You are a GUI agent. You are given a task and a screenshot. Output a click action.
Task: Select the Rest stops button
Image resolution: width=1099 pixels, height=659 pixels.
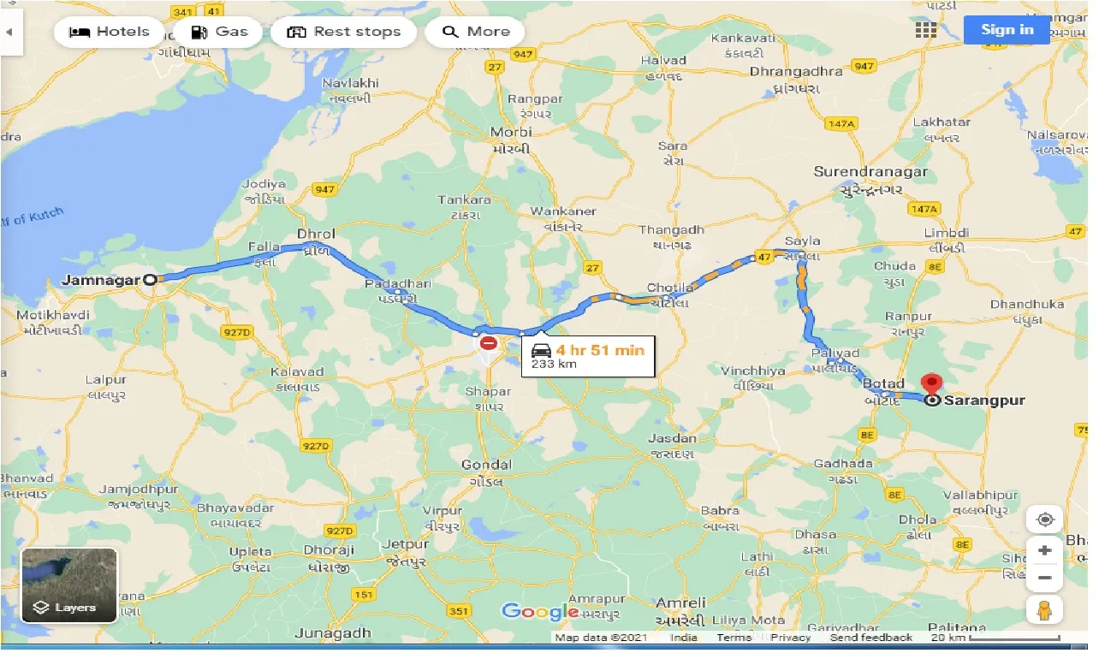(343, 33)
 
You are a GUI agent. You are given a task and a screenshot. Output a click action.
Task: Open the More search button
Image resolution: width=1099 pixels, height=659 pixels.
(475, 33)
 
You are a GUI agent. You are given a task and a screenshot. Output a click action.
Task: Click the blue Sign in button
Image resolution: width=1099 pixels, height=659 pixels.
(1007, 30)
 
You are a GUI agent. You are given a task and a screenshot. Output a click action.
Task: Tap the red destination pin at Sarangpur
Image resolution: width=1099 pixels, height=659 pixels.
(930, 384)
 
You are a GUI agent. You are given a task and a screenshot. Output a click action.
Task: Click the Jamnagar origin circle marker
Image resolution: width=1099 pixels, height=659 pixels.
(151, 279)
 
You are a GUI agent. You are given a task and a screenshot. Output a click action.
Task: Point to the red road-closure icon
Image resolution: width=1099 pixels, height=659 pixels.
(488, 343)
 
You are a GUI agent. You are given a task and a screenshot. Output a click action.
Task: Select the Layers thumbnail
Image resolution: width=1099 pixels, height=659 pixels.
(69, 585)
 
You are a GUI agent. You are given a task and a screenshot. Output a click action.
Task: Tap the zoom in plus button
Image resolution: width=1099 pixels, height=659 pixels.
(1044, 550)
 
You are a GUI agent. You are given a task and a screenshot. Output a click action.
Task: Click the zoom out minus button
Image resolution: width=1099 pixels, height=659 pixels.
(1044, 578)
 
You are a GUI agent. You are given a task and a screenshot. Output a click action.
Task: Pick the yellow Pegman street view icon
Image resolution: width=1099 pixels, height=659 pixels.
(1044, 611)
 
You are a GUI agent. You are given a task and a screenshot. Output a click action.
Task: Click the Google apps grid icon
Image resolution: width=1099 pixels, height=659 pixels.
(925, 30)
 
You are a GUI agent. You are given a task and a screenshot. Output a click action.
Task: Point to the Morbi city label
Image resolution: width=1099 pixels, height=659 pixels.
(510, 132)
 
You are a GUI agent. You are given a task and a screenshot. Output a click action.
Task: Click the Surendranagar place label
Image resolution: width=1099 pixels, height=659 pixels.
(870, 172)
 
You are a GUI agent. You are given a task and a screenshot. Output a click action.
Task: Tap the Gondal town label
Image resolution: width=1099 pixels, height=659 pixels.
(486, 466)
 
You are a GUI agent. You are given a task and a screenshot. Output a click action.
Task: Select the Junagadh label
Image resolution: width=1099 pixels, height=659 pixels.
(332, 633)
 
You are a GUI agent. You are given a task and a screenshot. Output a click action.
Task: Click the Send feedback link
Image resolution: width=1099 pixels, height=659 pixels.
(870, 638)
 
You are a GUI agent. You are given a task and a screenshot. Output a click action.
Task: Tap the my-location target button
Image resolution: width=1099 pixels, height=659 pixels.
(1044, 519)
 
